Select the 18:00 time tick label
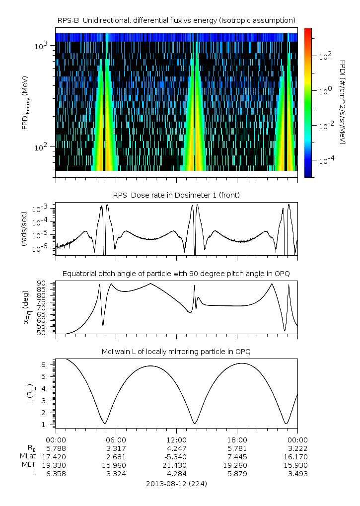pos(237,440)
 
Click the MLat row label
pos(28,457)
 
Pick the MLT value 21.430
pos(176,465)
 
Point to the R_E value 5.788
pos(56,448)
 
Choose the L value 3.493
pos(297,474)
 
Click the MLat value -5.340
pos(176,457)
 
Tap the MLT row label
pos(29,465)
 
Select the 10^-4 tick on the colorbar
pos(325,161)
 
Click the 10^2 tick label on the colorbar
pos(325,57)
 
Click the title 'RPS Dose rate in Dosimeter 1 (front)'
pos(176,195)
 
